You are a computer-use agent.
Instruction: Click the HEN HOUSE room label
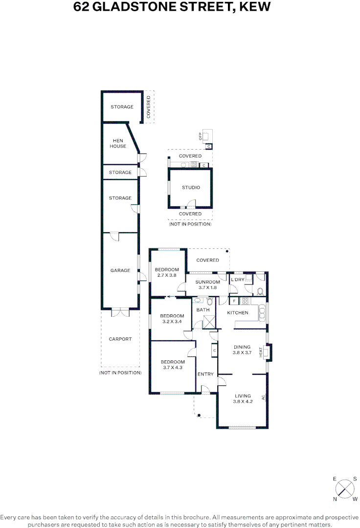coord(117,143)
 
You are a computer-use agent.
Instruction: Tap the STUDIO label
coord(191,187)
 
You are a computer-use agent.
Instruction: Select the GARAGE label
coord(120,270)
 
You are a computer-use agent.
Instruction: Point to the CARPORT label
coord(120,339)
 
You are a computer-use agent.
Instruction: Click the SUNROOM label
coord(207,282)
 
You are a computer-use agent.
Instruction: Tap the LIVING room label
coord(243,396)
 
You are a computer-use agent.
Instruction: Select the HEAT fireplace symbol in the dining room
coord(268,352)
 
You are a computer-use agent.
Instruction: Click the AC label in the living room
coord(263,397)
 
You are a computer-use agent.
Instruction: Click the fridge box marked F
coord(234,301)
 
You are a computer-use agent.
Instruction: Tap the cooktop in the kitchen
coord(245,301)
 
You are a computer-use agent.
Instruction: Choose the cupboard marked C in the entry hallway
coord(214,351)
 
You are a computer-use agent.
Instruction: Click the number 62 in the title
coord(81,7)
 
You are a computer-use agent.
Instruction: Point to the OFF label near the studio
coord(201,136)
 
